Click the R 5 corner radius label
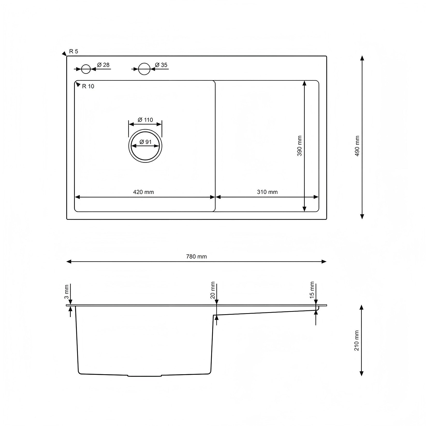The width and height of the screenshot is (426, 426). [x=74, y=52]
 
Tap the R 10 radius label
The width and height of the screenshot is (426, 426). [x=88, y=86]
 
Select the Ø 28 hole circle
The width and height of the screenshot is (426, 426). [x=86, y=69]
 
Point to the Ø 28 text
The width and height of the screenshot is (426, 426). [x=104, y=65]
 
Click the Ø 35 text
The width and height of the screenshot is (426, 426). [x=161, y=65]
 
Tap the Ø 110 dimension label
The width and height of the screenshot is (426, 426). [x=145, y=120]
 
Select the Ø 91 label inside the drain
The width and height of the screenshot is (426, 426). [x=145, y=142]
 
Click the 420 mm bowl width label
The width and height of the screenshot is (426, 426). [x=143, y=192]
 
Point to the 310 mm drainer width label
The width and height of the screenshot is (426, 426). [x=267, y=192]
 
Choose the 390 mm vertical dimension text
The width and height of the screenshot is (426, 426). [x=299, y=146]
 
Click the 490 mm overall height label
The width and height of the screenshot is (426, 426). [x=357, y=146]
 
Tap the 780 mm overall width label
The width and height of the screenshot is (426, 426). [x=196, y=257]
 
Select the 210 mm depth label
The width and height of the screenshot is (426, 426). [x=357, y=341]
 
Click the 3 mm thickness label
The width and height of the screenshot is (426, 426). [x=67, y=291]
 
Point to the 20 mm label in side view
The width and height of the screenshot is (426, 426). [x=213, y=290]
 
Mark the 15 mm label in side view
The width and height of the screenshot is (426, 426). [x=312, y=290]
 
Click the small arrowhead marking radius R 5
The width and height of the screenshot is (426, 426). [x=64, y=54]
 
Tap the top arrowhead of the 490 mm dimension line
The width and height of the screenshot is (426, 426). [x=362, y=58]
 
